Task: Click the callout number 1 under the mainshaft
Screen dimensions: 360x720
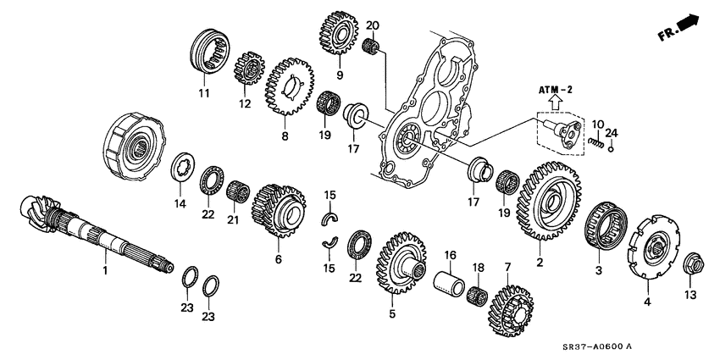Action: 105,270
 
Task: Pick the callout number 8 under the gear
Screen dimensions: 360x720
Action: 285,135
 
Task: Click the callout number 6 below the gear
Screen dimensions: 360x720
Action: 278,258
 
